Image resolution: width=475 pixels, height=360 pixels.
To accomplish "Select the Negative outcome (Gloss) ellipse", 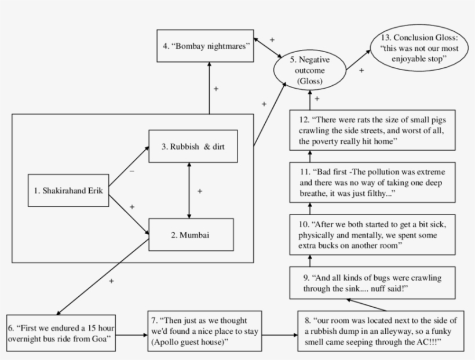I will point(306,70).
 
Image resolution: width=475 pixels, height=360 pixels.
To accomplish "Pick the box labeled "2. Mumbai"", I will point(191,235).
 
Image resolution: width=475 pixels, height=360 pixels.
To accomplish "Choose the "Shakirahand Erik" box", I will point(68,189).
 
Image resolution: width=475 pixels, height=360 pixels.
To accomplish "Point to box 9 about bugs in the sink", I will point(372,282).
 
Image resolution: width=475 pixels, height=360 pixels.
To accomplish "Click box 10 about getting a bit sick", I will point(372,235).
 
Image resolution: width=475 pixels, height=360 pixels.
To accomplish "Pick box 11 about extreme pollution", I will point(372,183).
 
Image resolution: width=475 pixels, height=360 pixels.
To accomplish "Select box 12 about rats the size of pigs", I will point(372,131).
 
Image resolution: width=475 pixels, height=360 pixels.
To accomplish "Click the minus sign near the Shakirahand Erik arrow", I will point(131,172).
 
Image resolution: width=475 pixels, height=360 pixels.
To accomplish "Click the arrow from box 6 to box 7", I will point(130,334).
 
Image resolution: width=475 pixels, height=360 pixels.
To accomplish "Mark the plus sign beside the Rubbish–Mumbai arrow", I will point(199,191).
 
